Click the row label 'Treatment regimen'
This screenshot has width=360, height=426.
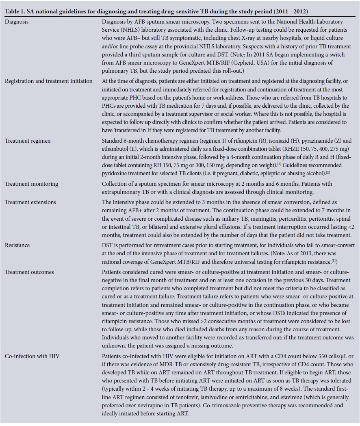coord(28,141)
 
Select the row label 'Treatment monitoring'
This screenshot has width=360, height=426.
coord(31,184)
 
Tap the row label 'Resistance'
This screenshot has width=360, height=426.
coord(17,246)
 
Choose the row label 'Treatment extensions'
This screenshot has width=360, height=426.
coord(30,202)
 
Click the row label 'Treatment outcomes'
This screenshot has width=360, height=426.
coord(29,272)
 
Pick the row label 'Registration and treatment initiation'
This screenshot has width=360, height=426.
coord(49,81)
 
